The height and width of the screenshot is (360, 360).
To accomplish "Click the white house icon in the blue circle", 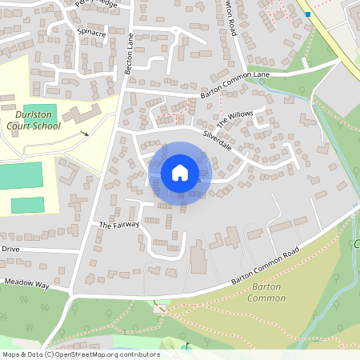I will coord(180,173).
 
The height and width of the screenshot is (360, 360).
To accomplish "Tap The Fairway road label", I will coord(119,225).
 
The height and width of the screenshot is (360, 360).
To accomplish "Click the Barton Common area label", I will coord(267,292).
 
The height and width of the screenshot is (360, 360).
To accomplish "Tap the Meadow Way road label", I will coord(26,283).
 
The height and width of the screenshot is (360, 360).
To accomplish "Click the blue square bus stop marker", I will coord(308,14).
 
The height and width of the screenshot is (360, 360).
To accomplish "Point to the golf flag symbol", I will coord(189,346).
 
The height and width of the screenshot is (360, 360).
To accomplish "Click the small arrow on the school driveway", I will coord(85,134).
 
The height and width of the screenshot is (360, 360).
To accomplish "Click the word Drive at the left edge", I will coord(10,249).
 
